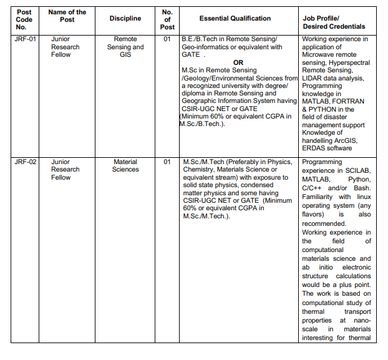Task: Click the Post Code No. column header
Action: pos(24,19)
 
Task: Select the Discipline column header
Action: pos(125,19)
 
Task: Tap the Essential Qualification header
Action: pos(235,19)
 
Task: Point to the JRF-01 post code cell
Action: pos(25,39)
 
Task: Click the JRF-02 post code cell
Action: pos(25,162)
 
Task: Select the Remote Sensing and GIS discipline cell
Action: pos(125,47)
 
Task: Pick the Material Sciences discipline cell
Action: pos(125,165)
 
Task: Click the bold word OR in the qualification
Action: pos(238,62)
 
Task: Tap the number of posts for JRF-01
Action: pos(167,39)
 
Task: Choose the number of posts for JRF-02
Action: pos(167,162)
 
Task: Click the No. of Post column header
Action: pos(167,19)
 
